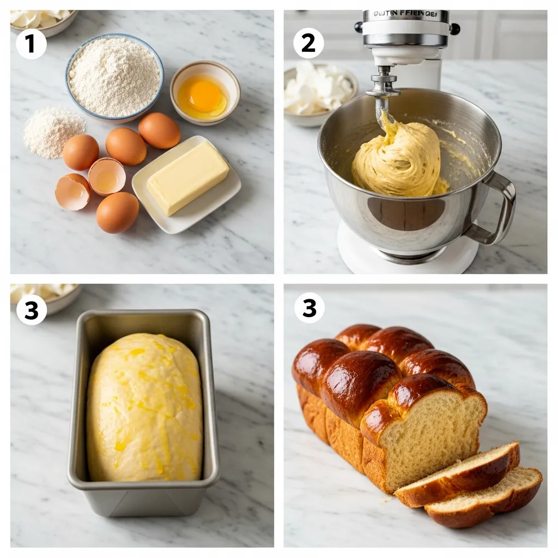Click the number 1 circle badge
[x=31, y=44]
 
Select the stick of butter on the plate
[x=188, y=178]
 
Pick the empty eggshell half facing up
[x=107, y=176]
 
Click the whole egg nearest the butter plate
[x=159, y=130]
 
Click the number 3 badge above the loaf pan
[x=31, y=310]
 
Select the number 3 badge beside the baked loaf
[x=309, y=308]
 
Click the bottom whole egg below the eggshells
[x=117, y=212]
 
